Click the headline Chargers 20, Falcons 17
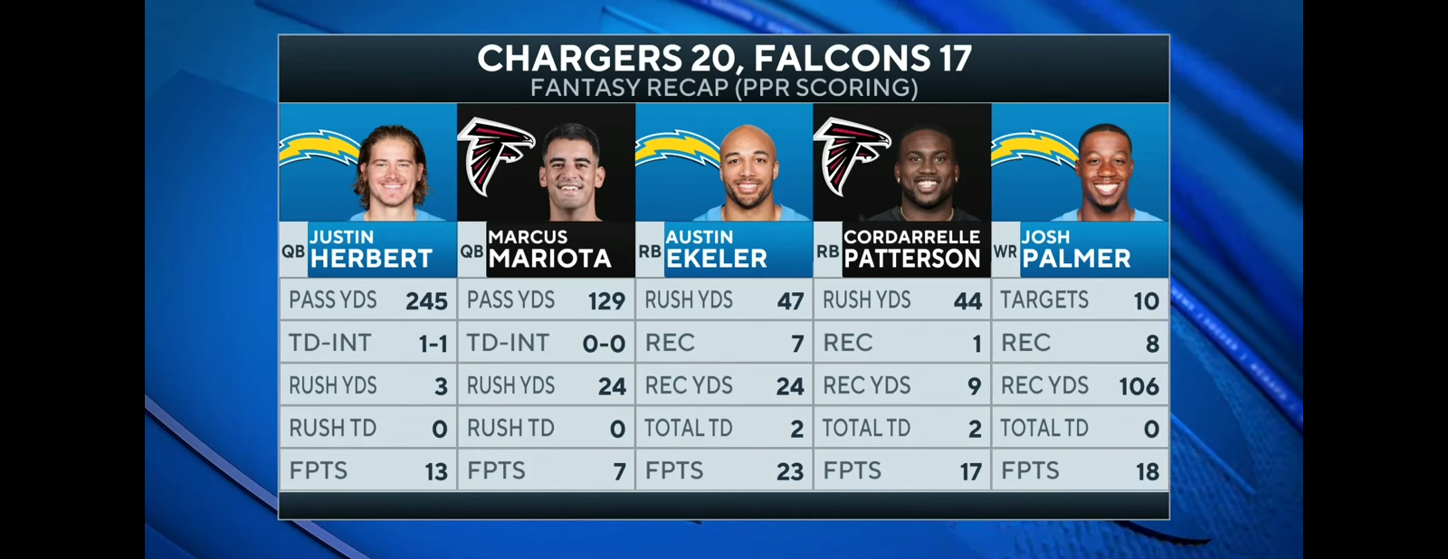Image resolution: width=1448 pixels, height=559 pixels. [x=724, y=58]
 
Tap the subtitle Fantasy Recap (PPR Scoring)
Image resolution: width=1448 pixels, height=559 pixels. [x=724, y=88]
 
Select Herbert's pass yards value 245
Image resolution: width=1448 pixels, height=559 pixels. [x=426, y=301]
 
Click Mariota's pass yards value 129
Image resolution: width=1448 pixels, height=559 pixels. [x=606, y=301]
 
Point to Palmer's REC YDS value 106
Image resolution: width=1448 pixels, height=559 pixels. [x=1138, y=386]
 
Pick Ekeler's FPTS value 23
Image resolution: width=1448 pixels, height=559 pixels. [x=789, y=471]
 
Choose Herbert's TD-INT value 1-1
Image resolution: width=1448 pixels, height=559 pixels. [x=433, y=344]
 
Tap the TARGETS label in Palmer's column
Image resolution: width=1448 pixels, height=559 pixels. [x=1044, y=300]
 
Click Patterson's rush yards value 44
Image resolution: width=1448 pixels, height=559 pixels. [x=967, y=301]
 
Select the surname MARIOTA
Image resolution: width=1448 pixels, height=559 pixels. [x=549, y=259]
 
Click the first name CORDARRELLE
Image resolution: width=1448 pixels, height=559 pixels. [x=911, y=237]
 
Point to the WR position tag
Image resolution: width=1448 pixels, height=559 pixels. [x=1005, y=251]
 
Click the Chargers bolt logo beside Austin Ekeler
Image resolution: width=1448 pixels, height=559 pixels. [x=675, y=149]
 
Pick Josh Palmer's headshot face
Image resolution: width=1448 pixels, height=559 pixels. [x=1106, y=170]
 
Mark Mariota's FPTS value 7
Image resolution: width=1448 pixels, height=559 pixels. [x=619, y=471]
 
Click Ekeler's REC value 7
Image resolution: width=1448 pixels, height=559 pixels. [x=796, y=344]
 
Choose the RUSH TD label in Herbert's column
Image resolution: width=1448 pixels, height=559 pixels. [x=332, y=428]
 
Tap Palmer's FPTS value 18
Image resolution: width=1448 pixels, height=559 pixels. [x=1147, y=471]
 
